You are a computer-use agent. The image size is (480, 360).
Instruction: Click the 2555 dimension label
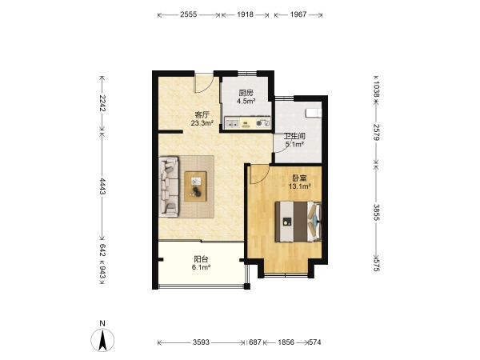pyautogui.click(x=188, y=14)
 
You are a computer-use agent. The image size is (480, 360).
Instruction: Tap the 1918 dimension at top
pyautogui.click(x=246, y=14)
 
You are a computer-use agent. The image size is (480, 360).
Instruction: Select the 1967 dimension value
pyautogui.click(x=298, y=14)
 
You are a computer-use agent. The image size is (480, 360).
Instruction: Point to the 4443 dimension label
pyautogui.click(x=102, y=186)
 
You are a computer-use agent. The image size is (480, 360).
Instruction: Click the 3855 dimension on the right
pyautogui.click(x=377, y=212)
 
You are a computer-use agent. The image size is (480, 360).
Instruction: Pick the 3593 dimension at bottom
pyautogui.click(x=201, y=342)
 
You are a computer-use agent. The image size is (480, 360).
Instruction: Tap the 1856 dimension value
pyautogui.click(x=286, y=342)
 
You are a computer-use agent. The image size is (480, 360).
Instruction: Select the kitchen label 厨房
pyautogui.click(x=246, y=93)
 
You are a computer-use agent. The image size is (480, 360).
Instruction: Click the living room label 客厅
pyautogui.click(x=202, y=114)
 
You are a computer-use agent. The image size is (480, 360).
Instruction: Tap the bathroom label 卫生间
pyautogui.click(x=294, y=136)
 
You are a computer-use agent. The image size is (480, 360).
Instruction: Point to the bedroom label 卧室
pyautogui.click(x=300, y=178)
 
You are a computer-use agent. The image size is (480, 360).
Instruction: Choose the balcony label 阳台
pyautogui.click(x=201, y=259)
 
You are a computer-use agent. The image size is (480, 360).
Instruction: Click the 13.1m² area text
pyautogui.click(x=300, y=186)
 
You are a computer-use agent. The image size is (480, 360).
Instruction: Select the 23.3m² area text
pyautogui.click(x=202, y=123)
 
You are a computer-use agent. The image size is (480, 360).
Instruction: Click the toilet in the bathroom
pyautogui.click(x=314, y=113)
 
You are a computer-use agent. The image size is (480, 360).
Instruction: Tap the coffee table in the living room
pyautogui.click(x=195, y=186)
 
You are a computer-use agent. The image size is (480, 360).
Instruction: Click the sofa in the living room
pyautogui.click(x=169, y=186)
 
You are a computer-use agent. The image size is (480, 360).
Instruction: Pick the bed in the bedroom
pyautogui.click(x=298, y=222)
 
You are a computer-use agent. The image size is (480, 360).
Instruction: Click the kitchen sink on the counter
pyautogui.click(x=233, y=124)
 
